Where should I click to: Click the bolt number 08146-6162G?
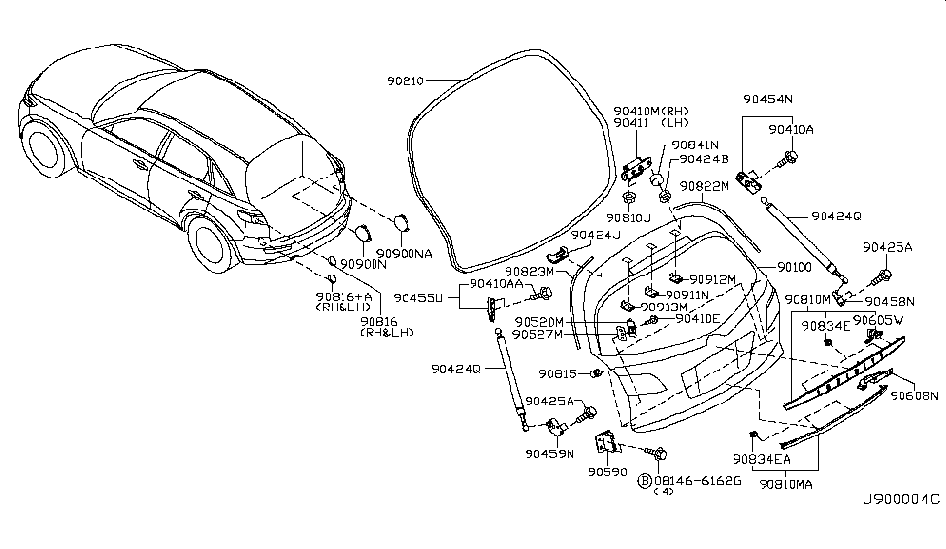coord(696,479)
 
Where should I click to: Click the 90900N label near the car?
coord(364,264)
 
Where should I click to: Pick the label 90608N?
coord(916,395)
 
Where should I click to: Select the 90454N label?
coord(768,99)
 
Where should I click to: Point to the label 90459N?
coord(551,452)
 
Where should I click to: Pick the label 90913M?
coord(691,307)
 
